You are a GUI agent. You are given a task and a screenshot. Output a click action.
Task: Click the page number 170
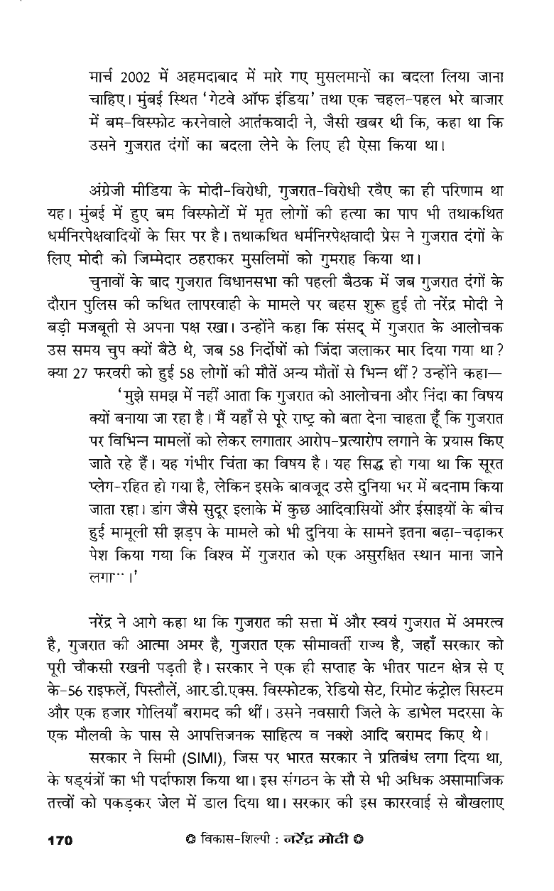tap(60, 841)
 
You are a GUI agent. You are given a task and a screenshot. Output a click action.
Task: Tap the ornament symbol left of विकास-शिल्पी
tap(187, 841)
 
